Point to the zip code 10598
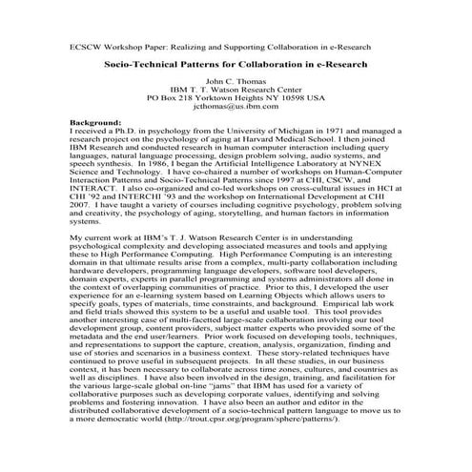tap(299, 97)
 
